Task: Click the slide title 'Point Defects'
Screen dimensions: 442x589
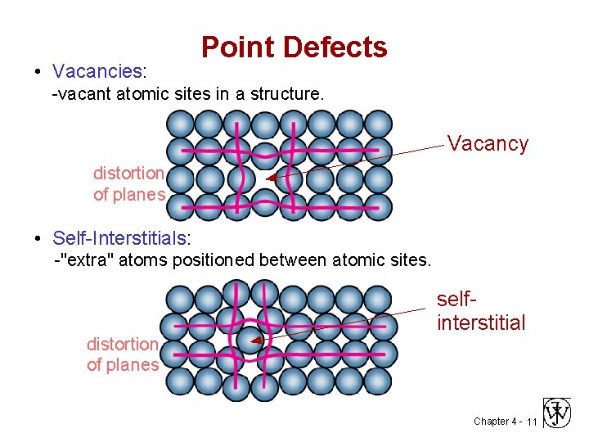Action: pyautogui.click(x=294, y=47)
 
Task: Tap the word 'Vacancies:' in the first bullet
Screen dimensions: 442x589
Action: pyautogui.click(x=97, y=71)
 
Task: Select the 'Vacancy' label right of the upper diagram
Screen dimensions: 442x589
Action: pyautogui.click(x=488, y=144)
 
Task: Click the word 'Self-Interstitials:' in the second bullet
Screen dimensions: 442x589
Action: pyautogui.click(x=121, y=238)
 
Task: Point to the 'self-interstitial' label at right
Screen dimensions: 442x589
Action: pyautogui.click(x=481, y=312)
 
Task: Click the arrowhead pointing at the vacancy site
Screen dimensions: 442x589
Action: pyautogui.click(x=271, y=179)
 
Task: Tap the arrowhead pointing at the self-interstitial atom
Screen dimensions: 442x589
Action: pyautogui.click(x=255, y=340)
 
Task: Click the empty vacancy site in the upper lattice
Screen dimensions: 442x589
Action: pyautogui.click(x=263, y=178)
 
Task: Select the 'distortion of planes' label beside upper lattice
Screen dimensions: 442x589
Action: pyautogui.click(x=129, y=184)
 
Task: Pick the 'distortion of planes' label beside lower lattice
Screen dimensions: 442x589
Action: pyautogui.click(x=123, y=354)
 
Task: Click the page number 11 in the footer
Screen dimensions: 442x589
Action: pyautogui.click(x=531, y=422)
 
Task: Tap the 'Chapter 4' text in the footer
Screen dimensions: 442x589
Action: pyautogui.click(x=494, y=422)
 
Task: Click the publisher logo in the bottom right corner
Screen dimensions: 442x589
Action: pyautogui.click(x=559, y=413)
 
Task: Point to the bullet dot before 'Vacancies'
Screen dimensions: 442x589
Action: pyautogui.click(x=38, y=72)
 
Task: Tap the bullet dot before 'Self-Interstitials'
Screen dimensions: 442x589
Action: pyautogui.click(x=38, y=239)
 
